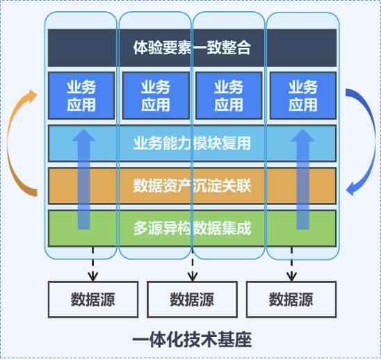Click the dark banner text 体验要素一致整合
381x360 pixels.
click(x=191, y=48)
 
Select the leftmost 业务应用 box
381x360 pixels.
click(x=81, y=96)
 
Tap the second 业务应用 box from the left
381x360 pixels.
click(x=155, y=96)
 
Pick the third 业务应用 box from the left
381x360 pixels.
click(x=229, y=96)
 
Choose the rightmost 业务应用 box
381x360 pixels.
click(x=302, y=96)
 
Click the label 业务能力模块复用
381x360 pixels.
click(x=191, y=144)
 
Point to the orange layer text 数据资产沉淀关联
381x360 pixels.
click(x=191, y=186)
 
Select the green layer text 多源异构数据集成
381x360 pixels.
click(x=191, y=227)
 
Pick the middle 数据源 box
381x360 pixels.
click(x=191, y=300)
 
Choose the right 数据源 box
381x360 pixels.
click(x=291, y=300)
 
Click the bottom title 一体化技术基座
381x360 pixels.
click(x=191, y=340)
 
